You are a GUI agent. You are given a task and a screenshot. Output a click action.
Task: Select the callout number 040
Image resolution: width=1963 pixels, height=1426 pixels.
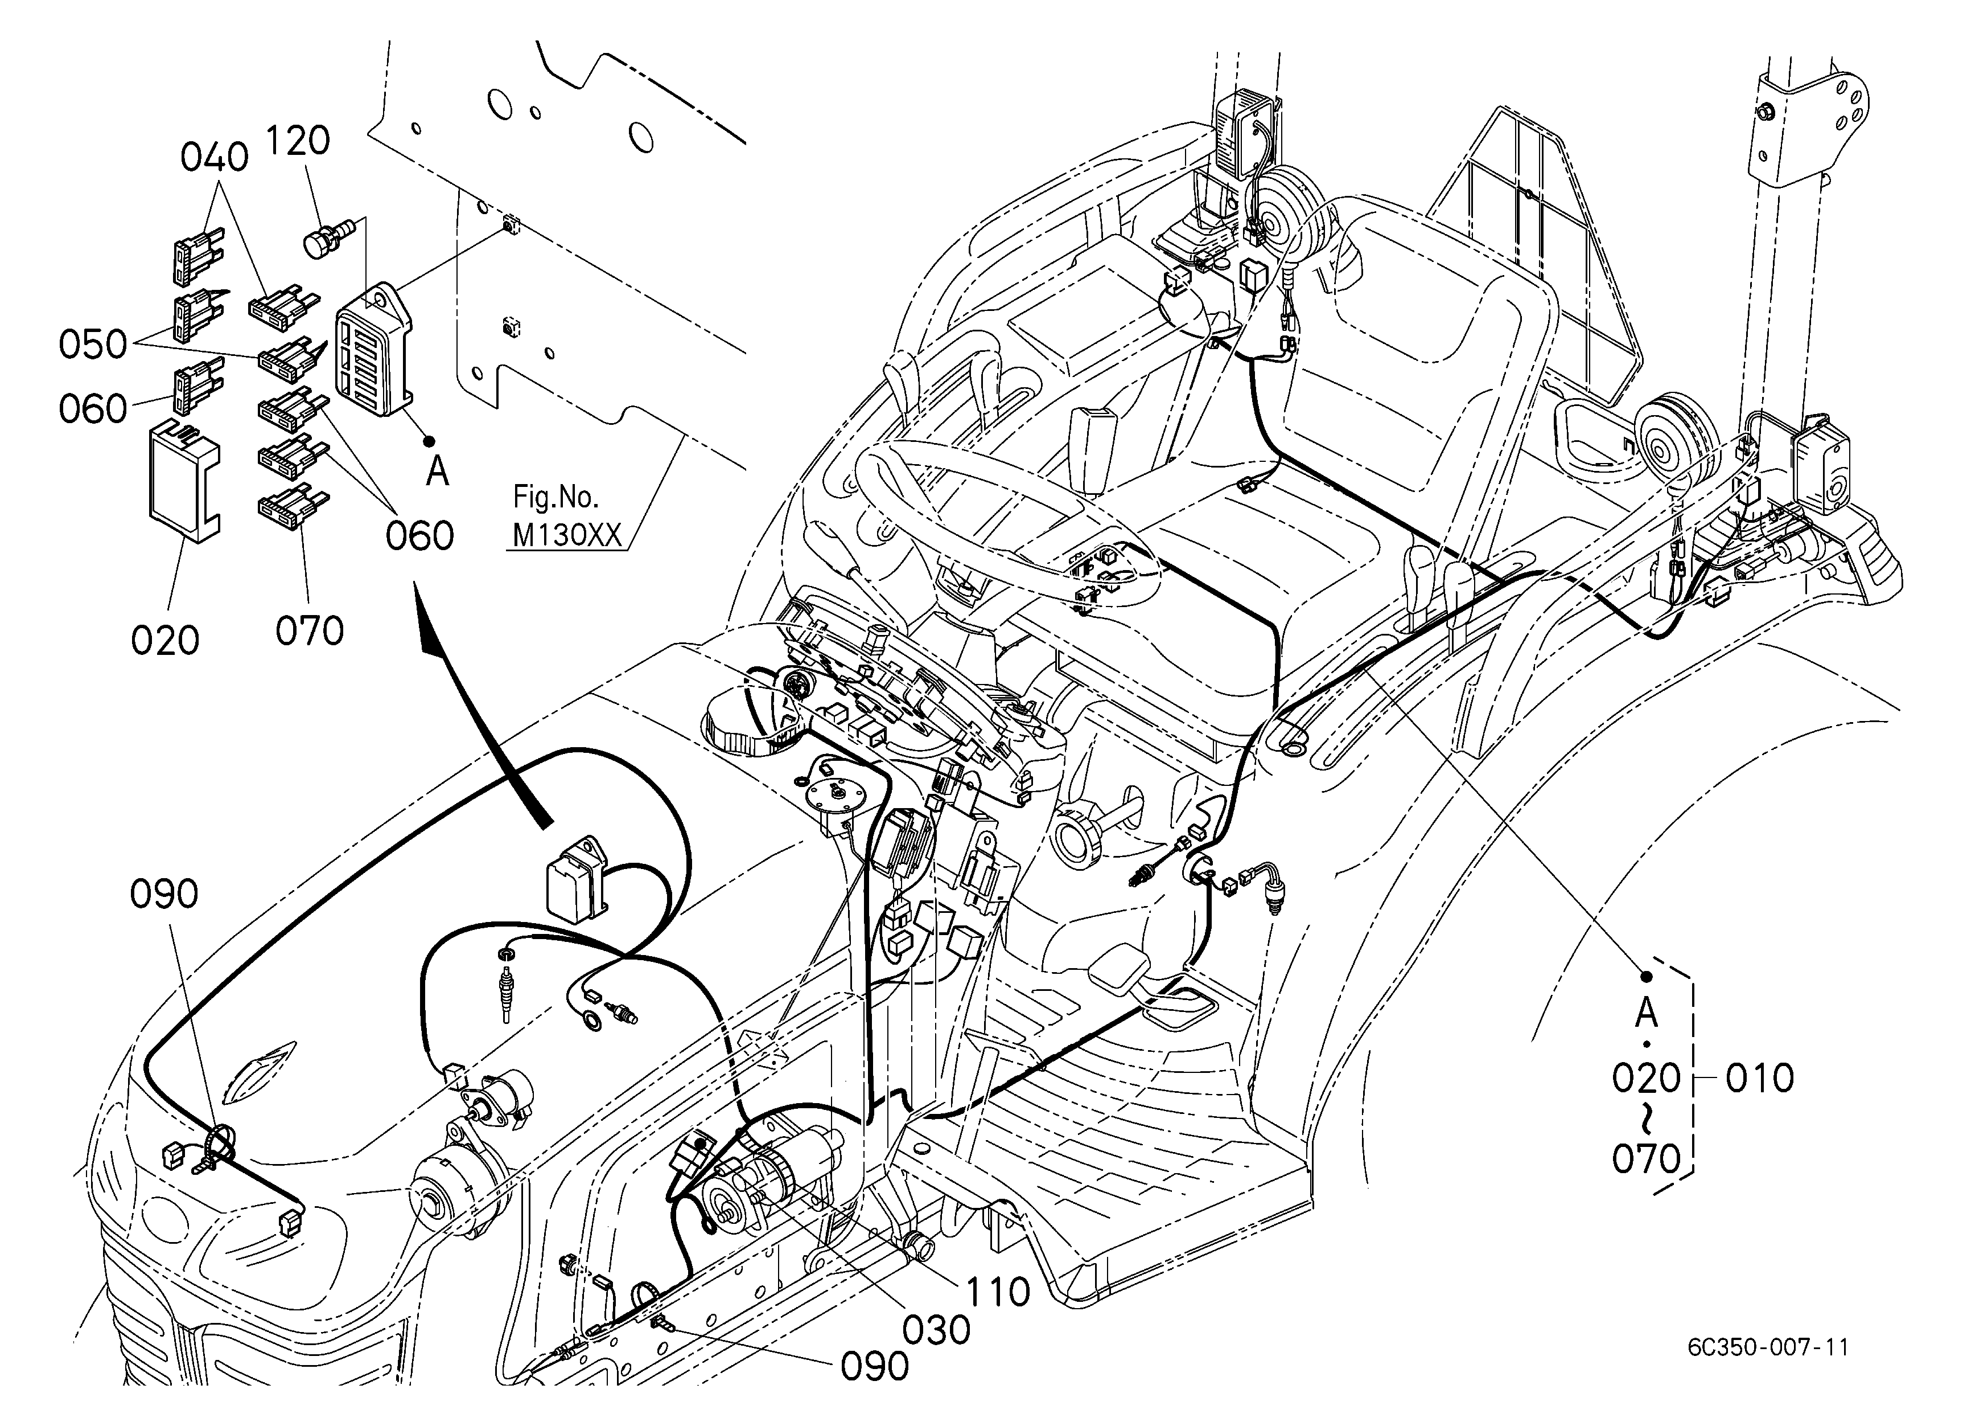(215, 158)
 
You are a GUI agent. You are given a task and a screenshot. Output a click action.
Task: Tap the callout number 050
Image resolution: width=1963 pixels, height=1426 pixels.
(93, 345)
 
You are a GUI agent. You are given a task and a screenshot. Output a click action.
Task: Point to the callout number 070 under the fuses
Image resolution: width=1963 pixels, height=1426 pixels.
(310, 630)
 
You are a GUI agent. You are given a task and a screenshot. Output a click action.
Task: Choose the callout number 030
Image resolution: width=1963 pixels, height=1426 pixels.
(936, 1330)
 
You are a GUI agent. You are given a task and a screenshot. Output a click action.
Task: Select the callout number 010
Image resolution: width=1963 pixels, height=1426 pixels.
(1760, 1079)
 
